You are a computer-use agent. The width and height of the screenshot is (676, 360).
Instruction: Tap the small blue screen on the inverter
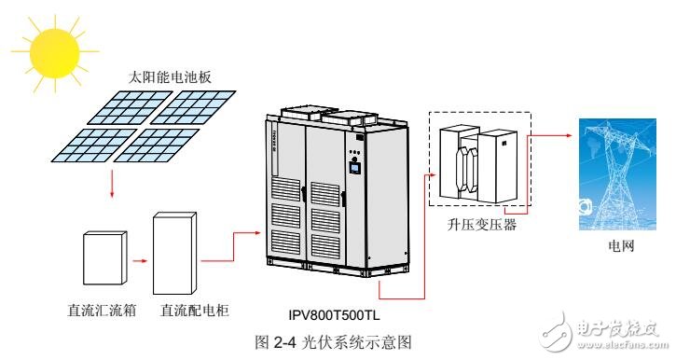(x=354, y=168)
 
